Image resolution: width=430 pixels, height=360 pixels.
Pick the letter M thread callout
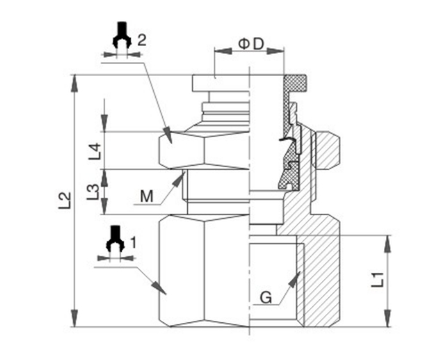tap(146, 197)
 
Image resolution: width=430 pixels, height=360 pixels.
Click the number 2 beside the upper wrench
tap(141, 40)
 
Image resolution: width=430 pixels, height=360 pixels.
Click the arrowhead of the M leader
tap(184, 177)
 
